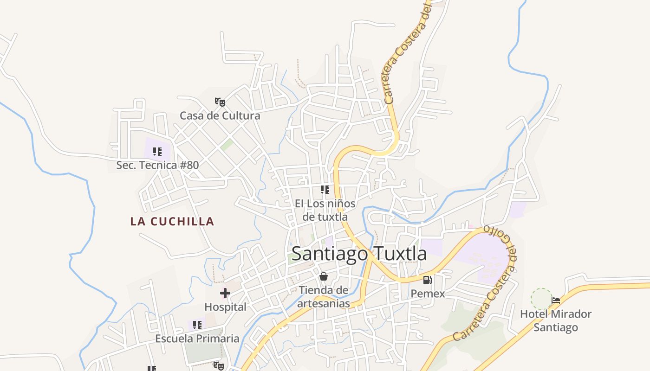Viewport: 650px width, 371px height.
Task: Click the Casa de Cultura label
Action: [220, 115]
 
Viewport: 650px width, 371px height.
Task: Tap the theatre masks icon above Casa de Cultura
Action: [220, 102]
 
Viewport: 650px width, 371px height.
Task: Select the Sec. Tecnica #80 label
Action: [157, 165]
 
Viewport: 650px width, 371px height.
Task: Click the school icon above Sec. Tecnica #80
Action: [157, 152]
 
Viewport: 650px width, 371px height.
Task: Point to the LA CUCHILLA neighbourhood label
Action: [172, 222]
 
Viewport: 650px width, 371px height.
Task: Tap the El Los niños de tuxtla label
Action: [325, 210]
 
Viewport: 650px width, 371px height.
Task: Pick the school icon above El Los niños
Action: [325, 190]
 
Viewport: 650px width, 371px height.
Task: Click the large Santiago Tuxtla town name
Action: [359, 254]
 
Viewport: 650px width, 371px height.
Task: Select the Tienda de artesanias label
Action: [324, 297]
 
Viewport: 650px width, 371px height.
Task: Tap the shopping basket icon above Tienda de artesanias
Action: [324, 277]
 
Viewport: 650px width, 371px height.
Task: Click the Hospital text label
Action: [225, 307]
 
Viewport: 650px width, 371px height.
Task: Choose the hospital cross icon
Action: [225, 293]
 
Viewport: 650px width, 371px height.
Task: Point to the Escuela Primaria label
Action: [197, 339]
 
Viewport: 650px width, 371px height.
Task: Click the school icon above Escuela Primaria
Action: [197, 325]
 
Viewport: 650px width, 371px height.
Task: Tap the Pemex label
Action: [428, 294]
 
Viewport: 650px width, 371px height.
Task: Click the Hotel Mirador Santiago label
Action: [556, 320]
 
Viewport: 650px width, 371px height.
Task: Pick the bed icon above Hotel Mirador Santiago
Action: [556, 301]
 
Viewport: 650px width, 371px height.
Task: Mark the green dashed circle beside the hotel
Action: [541, 299]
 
